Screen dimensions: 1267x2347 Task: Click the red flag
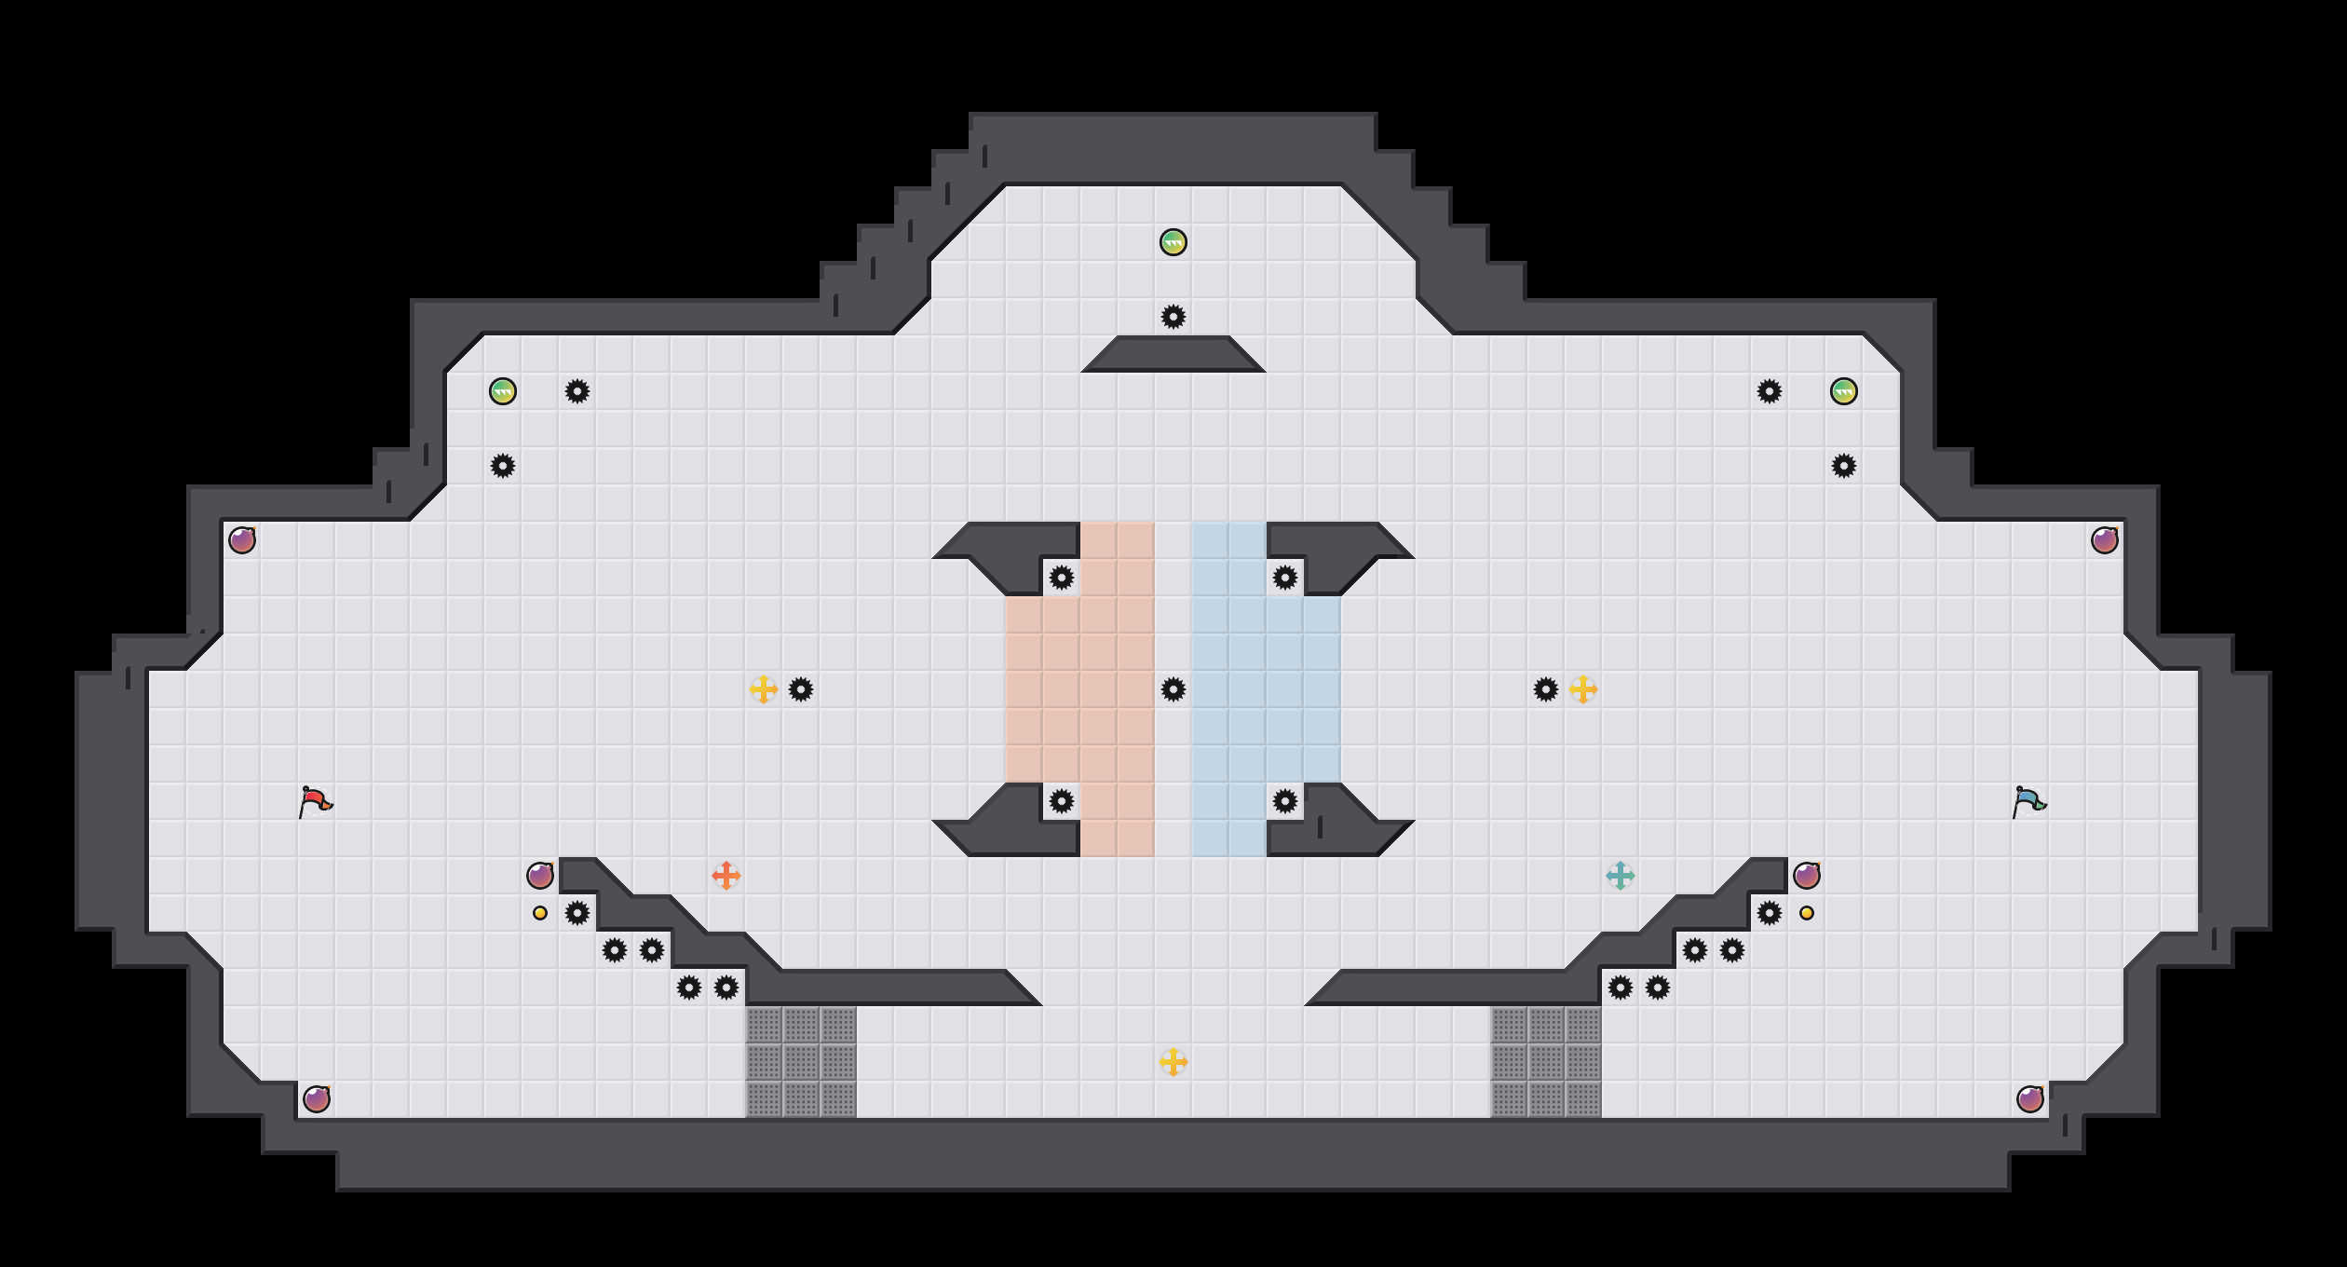pos(315,801)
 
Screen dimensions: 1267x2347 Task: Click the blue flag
pos(2028,801)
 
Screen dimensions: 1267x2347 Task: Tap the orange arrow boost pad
pos(726,876)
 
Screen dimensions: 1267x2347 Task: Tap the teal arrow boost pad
pos(1621,876)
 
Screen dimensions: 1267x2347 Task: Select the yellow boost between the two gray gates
pos(1173,1062)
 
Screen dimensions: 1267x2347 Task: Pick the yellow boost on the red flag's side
pos(764,689)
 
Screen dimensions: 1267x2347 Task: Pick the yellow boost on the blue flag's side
pos(1583,689)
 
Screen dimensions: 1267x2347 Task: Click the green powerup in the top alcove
pos(1173,242)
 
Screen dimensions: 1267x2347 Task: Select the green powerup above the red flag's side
pos(503,391)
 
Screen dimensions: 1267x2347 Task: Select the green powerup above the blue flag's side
pos(1844,391)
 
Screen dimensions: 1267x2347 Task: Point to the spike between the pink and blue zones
pos(1173,689)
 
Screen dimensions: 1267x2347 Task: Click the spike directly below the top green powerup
pos(1173,317)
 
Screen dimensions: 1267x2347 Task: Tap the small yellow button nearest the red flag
pos(540,913)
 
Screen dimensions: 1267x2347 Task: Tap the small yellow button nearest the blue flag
pos(1807,913)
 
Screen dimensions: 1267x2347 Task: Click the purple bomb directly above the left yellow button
pos(540,876)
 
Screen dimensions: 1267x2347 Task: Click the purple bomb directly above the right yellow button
pos(1807,876)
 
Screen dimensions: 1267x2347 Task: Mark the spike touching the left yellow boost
pos(801,689)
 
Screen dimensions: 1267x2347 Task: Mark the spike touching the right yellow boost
pos(1546,689)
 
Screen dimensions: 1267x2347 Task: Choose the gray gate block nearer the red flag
pos(801,1062)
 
